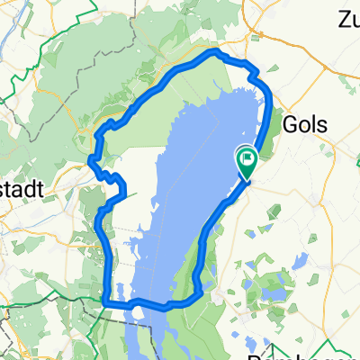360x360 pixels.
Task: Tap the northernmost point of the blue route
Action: [x=213, y=52]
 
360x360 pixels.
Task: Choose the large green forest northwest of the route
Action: [x=81, y=90]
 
